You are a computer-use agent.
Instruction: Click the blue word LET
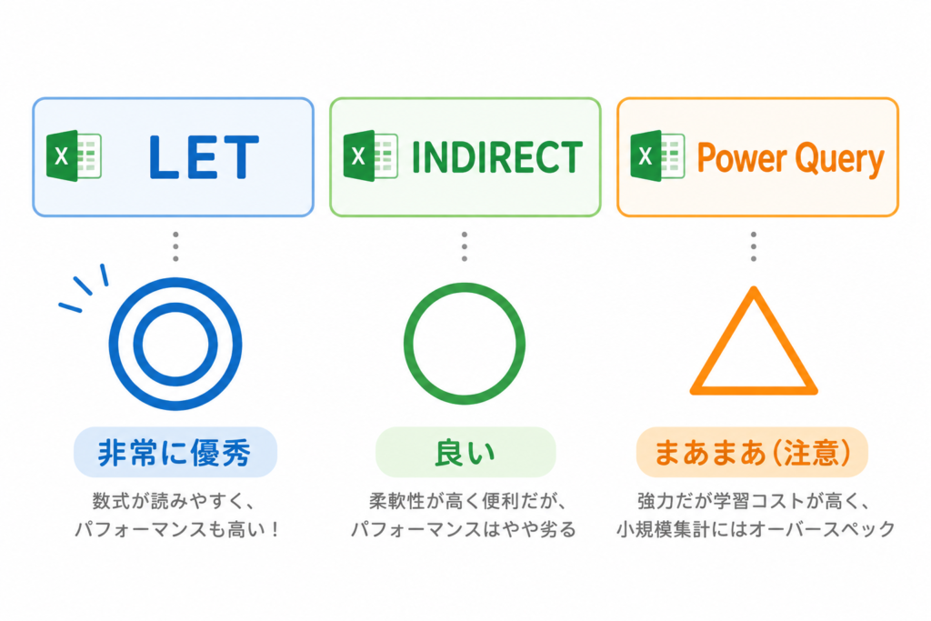click(204, 156)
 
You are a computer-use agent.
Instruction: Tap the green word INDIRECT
click(497, 157)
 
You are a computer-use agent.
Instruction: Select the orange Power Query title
click(790, 159)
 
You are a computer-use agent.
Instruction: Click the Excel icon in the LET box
click(75, 156)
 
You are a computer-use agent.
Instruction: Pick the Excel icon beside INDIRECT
click(371, 156)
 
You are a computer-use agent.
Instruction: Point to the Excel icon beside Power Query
click(657, 156)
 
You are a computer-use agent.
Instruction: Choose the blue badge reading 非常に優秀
click(175, 453)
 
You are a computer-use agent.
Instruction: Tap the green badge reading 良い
click(465, 453)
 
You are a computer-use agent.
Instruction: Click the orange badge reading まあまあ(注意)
click(752, 453)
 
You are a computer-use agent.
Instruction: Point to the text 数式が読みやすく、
click(174, 502)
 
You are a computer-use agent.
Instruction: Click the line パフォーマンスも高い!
click(176, 529)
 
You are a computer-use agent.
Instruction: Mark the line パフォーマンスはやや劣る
click(464, 529)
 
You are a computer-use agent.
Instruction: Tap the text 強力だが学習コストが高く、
click(755, 502)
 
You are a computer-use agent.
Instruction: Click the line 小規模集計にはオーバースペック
click(756, 529)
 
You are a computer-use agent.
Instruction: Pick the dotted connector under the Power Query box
click(754, 246)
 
